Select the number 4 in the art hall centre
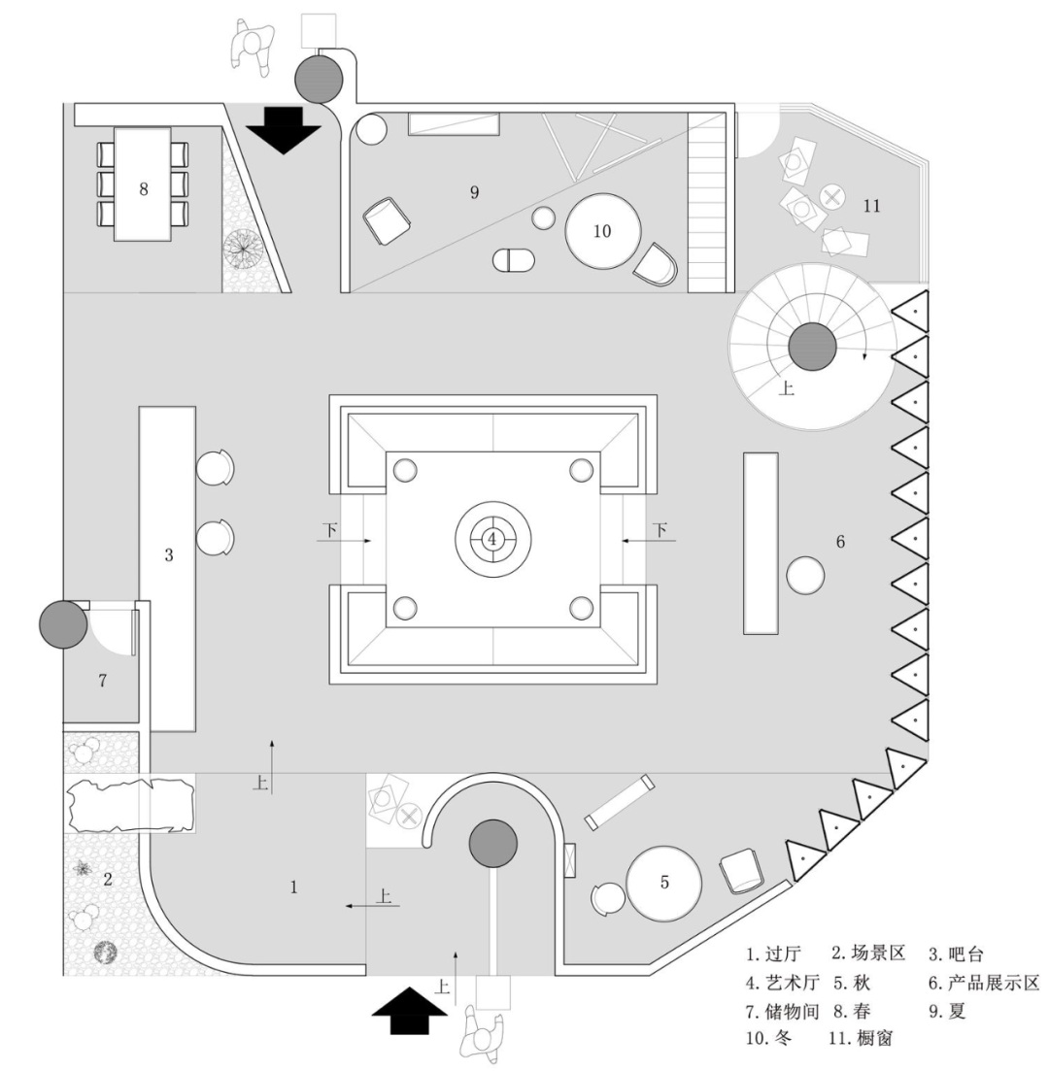coord(492,538)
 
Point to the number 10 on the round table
coord(602,231)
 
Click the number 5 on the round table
coord(664,882)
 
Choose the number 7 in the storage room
coord(102,681)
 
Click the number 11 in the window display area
coord(871,205)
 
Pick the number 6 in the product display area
coord(840,542)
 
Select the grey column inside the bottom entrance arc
coord(493,843)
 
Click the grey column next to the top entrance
coord(319,78)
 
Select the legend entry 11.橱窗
coord(862,1039)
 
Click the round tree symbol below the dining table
coord(242,250)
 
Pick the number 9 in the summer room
coord(474,192)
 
